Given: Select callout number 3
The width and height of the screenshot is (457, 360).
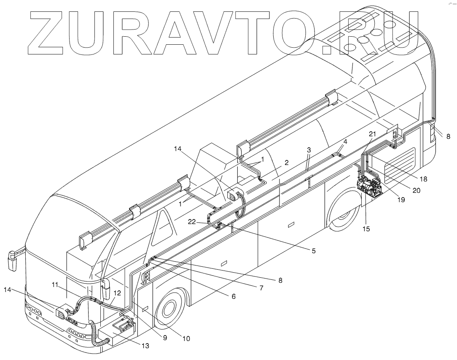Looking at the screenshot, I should [x=309, y=150].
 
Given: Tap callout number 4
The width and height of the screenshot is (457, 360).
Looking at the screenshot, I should [x=345, y=142].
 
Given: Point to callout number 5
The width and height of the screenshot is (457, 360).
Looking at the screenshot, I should [x=314, y=251].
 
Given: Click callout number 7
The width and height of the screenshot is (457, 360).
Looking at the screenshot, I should [x=261, y=288].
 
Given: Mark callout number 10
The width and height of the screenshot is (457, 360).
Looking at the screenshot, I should [x=186, y=338].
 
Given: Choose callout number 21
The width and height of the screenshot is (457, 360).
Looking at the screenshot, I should [x=372, y=134].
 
